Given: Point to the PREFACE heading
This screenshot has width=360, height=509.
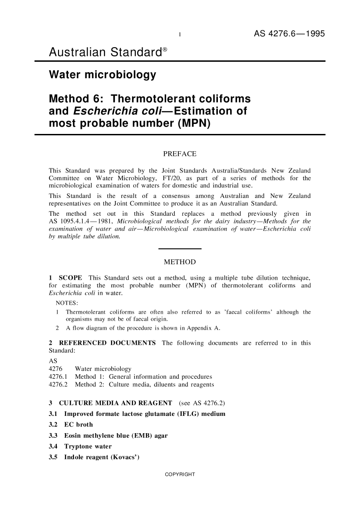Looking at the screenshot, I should pos(179,154).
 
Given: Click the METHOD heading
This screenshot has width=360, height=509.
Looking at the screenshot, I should pos(179,262).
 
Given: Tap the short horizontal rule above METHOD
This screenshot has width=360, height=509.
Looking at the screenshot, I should pos(179,248).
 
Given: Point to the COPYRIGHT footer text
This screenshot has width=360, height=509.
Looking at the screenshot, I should pos(179,474).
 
